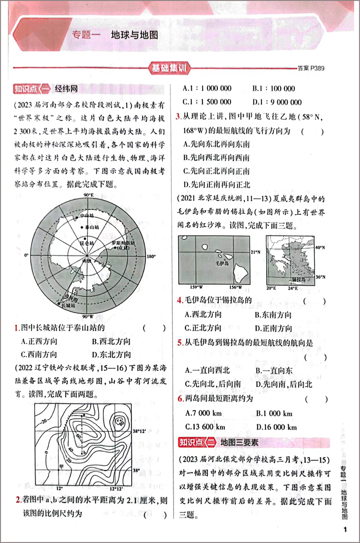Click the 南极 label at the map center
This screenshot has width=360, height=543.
[x=87, y=260]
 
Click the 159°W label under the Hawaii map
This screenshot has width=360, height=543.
[x=196, y=287]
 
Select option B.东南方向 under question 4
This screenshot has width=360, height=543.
[x=273, y=315]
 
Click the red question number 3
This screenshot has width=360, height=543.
[x=179, y=118]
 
